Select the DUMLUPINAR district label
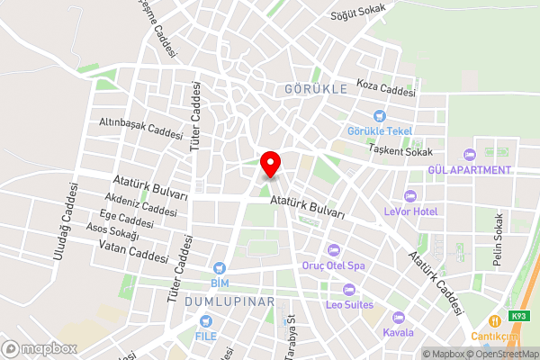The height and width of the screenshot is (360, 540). click(x=228, y=301)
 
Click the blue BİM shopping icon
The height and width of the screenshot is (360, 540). click(x=219, y=268)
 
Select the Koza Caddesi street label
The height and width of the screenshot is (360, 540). click(x=385, y=86)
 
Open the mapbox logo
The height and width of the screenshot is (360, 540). click(x=39, y=348)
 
